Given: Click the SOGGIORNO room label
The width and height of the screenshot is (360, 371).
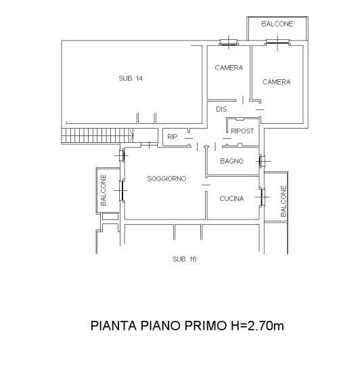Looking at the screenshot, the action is (166, 179).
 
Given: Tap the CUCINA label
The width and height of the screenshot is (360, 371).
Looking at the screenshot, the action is (231, 198).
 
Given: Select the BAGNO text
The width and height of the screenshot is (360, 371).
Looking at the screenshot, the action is (231, 161).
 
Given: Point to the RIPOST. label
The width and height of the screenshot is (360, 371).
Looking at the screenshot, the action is (243, 131).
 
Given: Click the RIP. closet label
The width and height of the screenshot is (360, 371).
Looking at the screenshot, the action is (173, 137).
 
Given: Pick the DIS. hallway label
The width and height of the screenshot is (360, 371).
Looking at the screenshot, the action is (222, 109).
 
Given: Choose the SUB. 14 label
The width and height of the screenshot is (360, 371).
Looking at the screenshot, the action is (131, 79).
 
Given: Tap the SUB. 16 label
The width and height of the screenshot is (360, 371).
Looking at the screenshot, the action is (184, 259).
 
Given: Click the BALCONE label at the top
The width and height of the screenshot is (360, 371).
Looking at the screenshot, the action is (277, 24).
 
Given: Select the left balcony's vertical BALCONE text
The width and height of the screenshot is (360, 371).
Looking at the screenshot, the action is (104, 190).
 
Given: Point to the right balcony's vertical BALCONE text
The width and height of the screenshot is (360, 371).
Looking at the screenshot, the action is (284, 201).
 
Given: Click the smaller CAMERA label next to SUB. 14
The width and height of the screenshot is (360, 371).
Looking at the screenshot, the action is (229, 68).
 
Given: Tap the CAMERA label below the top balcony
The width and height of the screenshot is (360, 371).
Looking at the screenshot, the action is (276, 82).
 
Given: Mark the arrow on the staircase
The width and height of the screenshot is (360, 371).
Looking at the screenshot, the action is (131, 136).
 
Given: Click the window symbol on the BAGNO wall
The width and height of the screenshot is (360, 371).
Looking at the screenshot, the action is (262, 161).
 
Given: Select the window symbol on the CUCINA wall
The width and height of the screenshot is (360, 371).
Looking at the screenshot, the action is (262, 197).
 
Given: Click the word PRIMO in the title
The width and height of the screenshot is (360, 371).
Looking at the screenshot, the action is (205, 326).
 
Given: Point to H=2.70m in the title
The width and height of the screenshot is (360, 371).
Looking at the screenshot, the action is (257, 326).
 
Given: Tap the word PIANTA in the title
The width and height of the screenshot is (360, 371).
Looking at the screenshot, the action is (114, 326).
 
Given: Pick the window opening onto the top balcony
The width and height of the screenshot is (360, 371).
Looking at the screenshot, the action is (277, 43).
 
